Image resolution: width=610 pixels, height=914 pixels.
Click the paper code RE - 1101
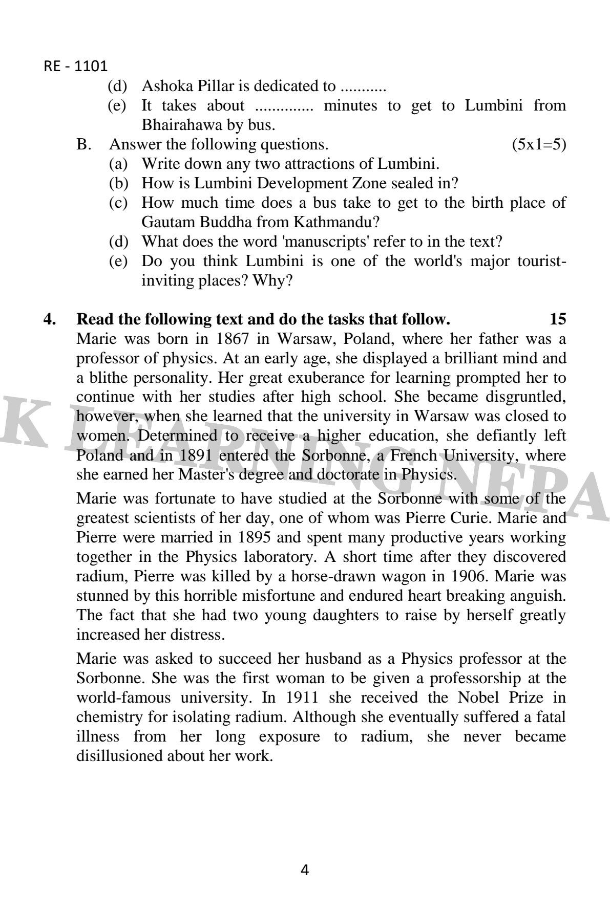pos(76,67)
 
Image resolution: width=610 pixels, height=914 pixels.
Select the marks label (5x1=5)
pos(539,144)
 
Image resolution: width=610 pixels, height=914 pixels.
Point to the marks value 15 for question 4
pos(558,319)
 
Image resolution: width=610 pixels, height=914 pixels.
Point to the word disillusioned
pos(119,756)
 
